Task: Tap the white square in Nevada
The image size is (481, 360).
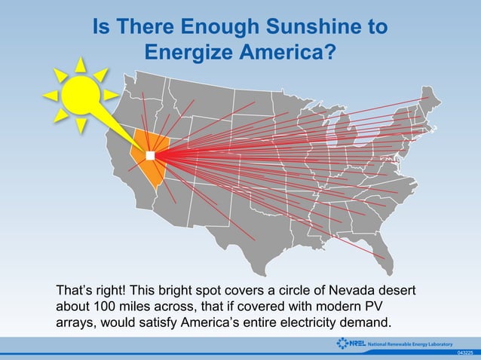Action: click(149, 155)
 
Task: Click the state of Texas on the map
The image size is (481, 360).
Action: click(249, 226)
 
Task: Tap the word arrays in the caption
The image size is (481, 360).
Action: click(75, 324)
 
